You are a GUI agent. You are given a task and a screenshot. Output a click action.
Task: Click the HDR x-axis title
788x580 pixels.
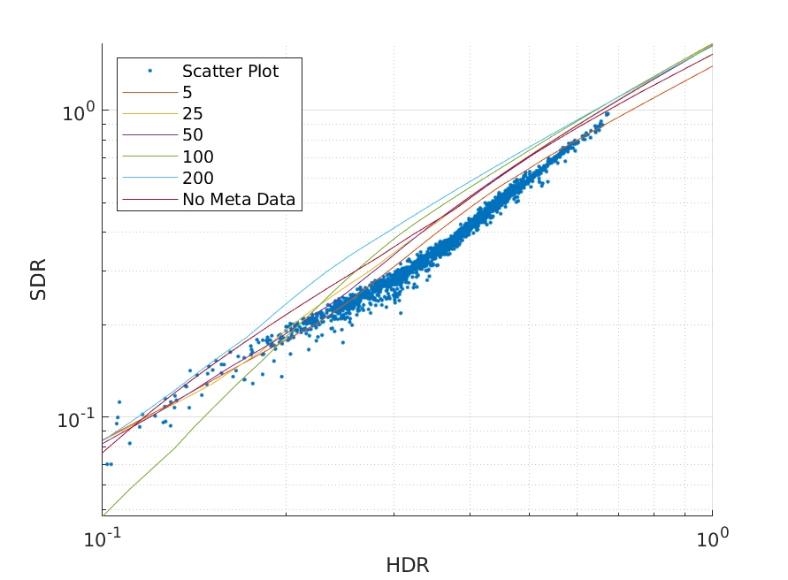pos(407,565)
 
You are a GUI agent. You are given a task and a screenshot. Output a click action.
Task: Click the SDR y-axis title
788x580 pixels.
pos(38,279)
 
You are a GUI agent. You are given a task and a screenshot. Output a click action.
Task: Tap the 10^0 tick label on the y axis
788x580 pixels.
pos(76,112)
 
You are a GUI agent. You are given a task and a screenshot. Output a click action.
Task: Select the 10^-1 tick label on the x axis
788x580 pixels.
pos(102,538)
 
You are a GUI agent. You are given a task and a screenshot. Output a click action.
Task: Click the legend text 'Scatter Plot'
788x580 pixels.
pos(230,72)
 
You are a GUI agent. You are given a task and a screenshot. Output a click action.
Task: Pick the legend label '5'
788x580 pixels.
pos(187,93)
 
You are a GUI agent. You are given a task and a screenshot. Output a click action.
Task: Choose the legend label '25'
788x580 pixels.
pos(193,114)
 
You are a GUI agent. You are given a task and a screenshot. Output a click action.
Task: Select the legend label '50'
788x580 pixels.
pos(193,135)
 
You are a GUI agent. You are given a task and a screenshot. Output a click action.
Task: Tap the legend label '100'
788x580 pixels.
pos(198,157)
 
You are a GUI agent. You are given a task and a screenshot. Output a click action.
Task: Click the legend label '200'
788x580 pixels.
pos(198,179)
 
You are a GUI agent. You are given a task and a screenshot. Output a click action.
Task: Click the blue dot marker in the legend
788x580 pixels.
pos(149,72)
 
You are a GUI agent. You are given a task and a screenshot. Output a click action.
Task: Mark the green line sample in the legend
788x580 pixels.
pos(149,157)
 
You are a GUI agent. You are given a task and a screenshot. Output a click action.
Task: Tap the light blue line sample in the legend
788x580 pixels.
pos(149,179)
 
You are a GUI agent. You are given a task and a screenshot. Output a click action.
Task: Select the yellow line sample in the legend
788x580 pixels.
pos(149,114)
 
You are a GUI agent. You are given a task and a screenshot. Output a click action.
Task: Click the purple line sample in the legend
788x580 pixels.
pos(149,135)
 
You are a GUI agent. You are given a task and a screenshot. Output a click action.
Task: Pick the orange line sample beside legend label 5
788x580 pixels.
pos(149,93)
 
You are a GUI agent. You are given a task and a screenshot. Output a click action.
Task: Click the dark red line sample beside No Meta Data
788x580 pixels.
pos(149,200)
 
